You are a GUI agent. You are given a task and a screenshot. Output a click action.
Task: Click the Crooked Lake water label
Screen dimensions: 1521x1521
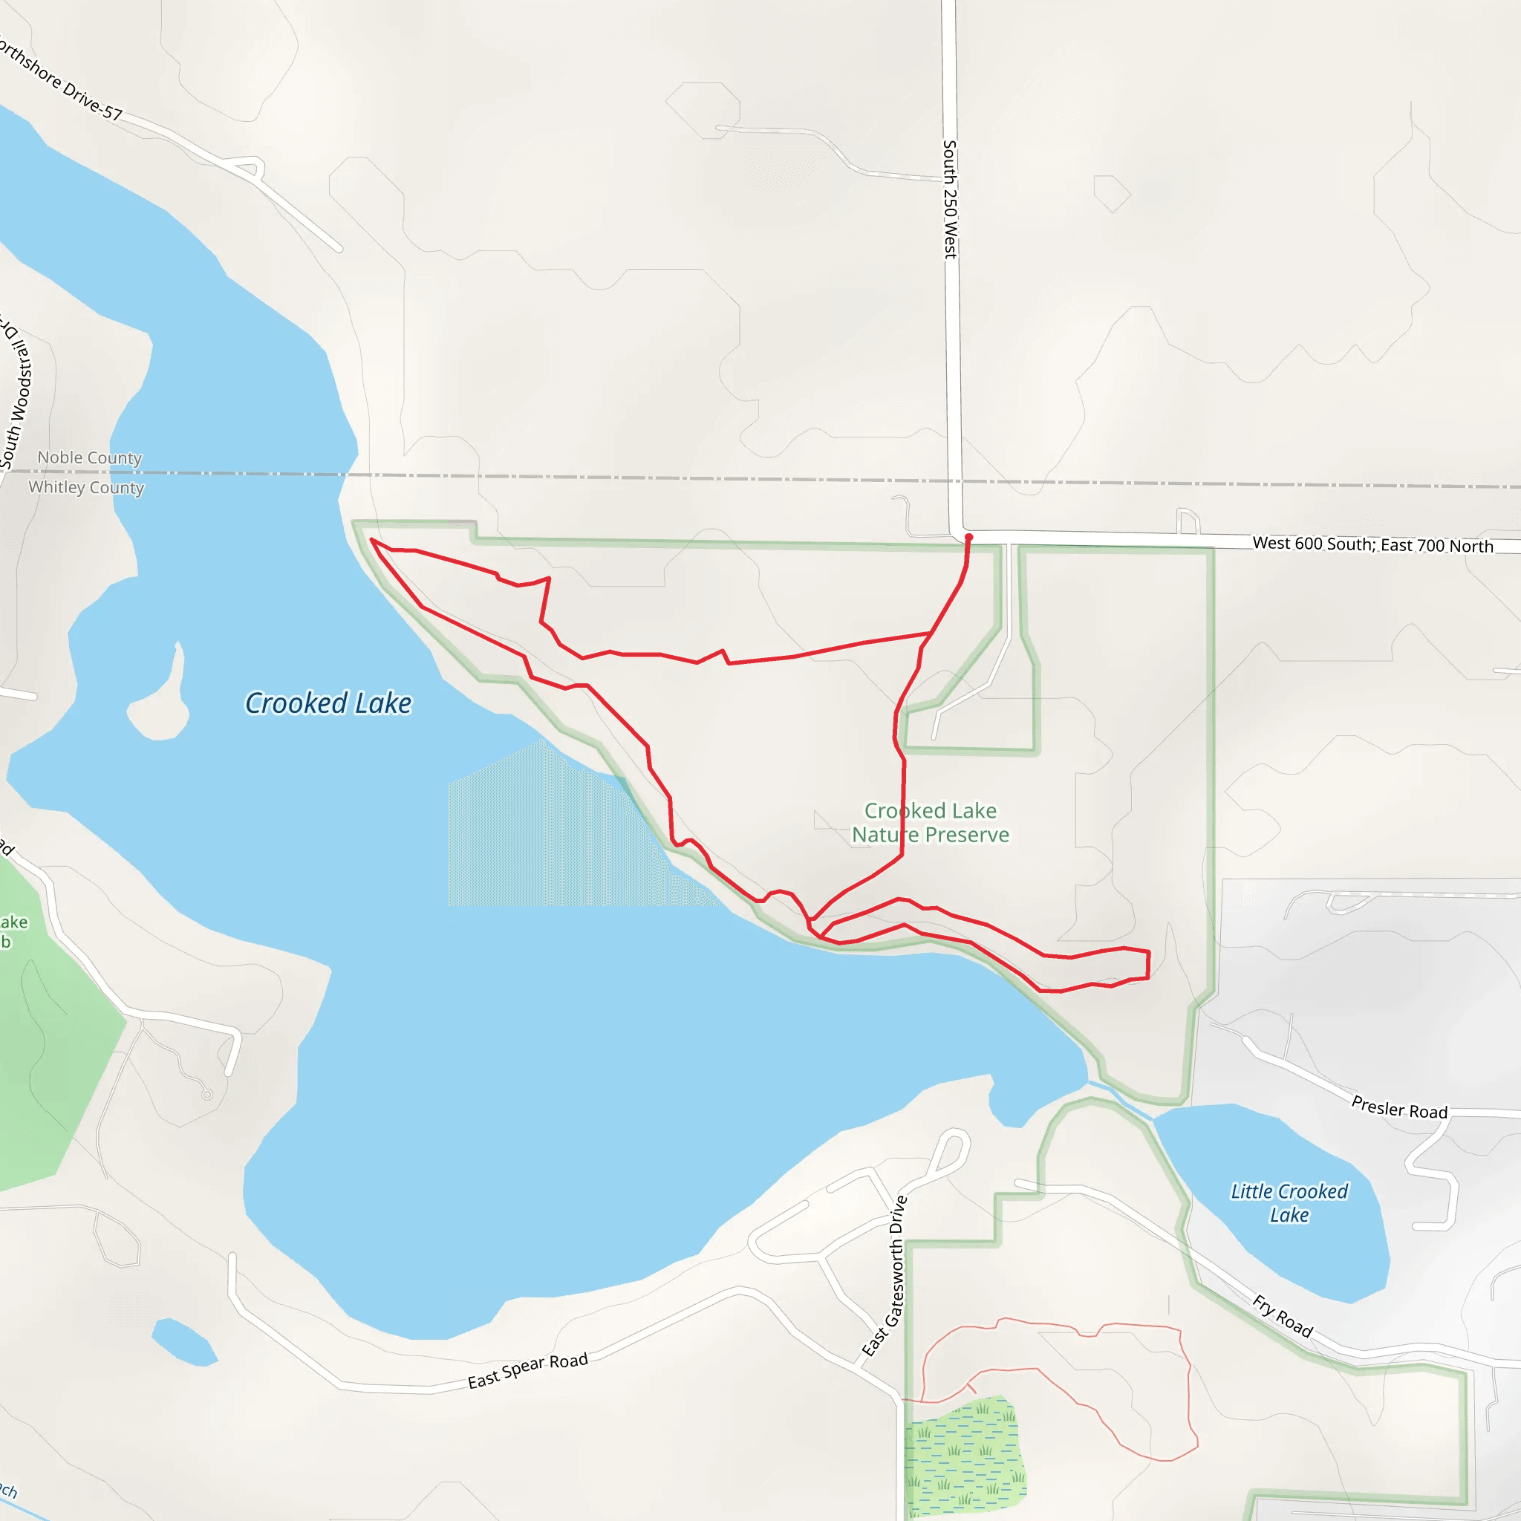tap(328, 703)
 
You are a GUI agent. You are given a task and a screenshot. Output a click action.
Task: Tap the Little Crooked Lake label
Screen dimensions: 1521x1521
tap(1289, 1203)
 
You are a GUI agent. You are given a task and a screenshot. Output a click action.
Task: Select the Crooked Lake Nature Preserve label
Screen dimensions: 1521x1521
tap(930, 823)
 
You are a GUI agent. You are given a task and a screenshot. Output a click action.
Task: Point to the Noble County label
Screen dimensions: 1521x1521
tap(90, 457)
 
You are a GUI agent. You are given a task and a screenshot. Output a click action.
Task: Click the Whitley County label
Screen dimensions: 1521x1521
tap(87, 487)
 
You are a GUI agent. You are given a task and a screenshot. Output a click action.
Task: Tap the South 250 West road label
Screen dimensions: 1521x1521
tap(950, 199)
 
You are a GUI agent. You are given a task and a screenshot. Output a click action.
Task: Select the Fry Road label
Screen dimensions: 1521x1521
tap(1283, 1315)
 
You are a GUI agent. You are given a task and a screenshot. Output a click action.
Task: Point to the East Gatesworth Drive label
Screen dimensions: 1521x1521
tap(885, 1277)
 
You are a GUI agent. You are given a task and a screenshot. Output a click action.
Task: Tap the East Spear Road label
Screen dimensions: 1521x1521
tap(527, 1371)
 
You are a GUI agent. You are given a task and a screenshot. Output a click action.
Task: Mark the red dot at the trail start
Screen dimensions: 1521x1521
tap(968, 537)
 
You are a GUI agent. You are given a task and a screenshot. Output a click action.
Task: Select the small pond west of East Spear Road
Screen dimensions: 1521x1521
tap(183, 1343)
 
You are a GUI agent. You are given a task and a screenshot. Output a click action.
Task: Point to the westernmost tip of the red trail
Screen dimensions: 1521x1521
tap(371, 540)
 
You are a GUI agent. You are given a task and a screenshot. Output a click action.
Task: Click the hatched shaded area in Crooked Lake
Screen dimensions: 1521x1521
tap(551, 835)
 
